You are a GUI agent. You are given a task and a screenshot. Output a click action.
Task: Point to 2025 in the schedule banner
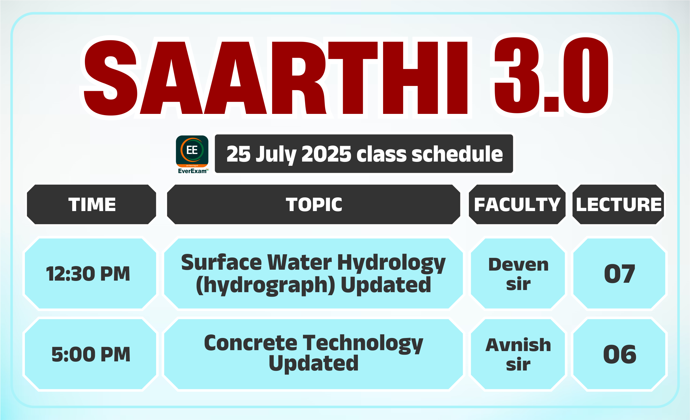pyautogui.click(x=326, y=154)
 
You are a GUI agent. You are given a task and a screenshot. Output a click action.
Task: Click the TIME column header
pyautogui.click(x=92, y=204)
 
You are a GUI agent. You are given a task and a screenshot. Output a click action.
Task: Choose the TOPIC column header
pyautogui.click(x=314, y=204)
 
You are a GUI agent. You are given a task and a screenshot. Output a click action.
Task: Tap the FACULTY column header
pyautogui.click(x=517, y=204)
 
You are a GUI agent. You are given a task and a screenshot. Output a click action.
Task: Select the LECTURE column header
pyautogui.click(x=618, y=204)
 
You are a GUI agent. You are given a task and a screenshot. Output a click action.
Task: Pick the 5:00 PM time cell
pyautogui.click(x=90, y=354)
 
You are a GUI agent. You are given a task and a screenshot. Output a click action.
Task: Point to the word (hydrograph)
pyautogui.click(x=266, y=285)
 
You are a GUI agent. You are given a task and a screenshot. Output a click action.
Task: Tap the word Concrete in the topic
pyautogui.click(x=251, y=343)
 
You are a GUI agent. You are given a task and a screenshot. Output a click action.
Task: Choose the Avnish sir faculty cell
pyautogui.click(x=518, y=354)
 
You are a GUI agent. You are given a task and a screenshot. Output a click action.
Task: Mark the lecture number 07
pyautogui.click(x=619, y=274)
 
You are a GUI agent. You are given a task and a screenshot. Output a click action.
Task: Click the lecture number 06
pyautogui.click(x=619, y=354)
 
